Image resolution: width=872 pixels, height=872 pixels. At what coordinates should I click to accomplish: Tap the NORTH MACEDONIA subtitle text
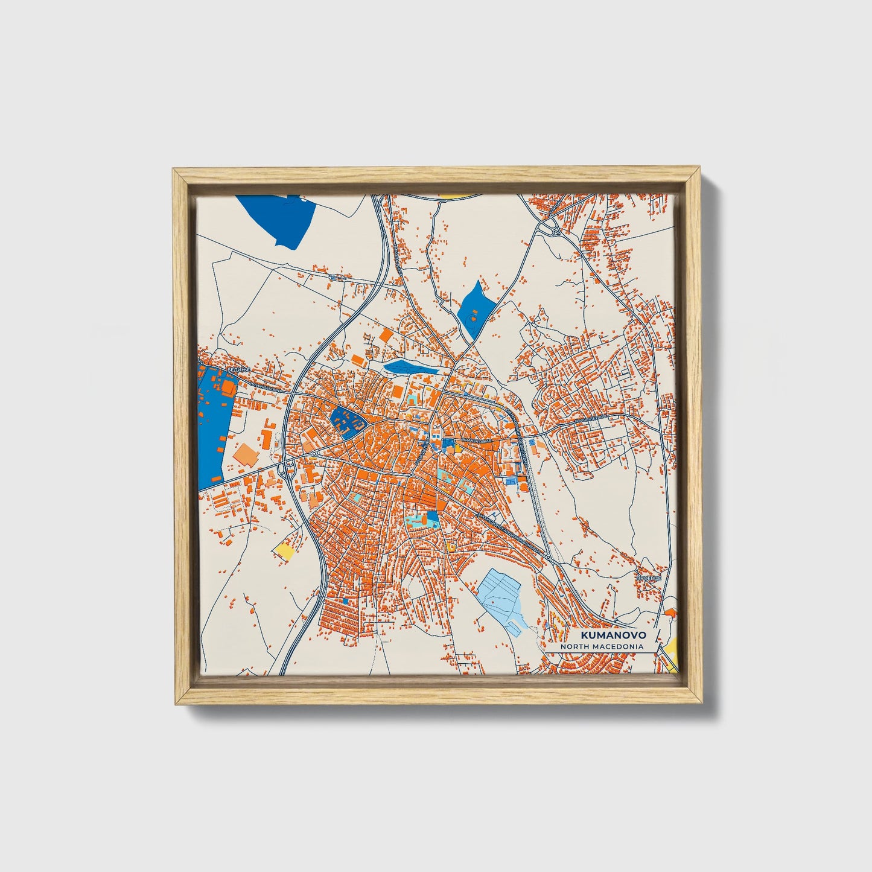click(601, 646)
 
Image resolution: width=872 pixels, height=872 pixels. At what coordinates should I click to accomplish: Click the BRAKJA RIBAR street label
click(473, 442)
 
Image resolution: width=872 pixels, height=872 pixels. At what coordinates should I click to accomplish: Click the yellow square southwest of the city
click(284, 549)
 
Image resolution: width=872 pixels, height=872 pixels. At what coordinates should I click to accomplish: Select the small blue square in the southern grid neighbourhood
click(345, 601)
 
